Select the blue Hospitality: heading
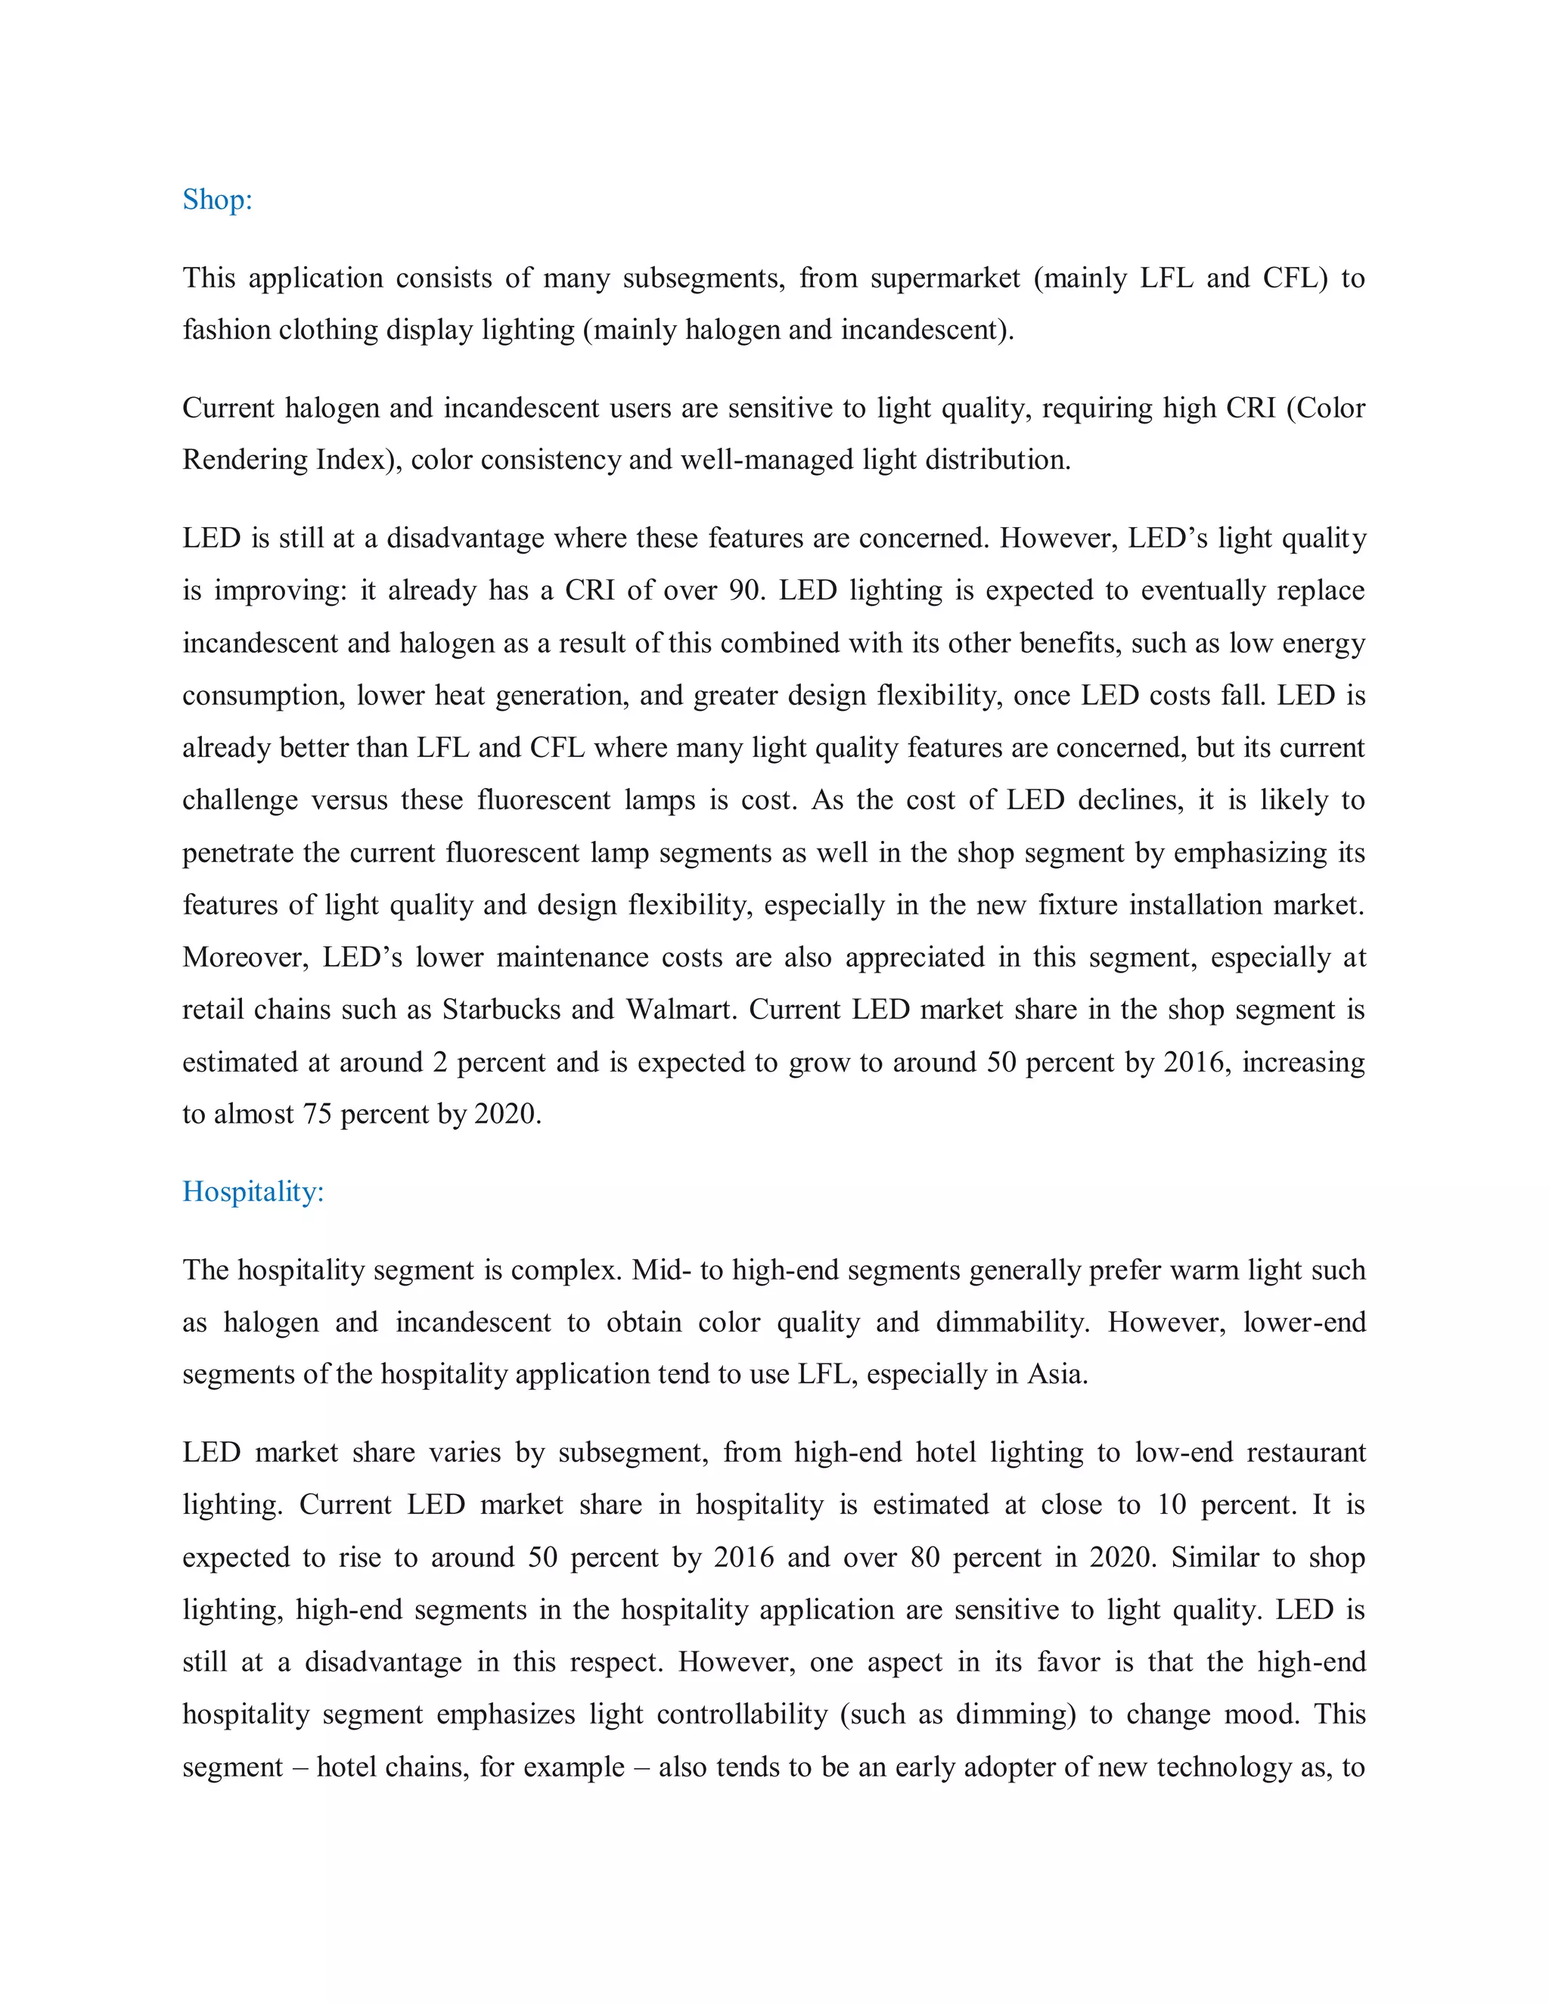[253, 1191]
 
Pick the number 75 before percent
[317, 1114]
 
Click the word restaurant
[1305, 1453]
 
